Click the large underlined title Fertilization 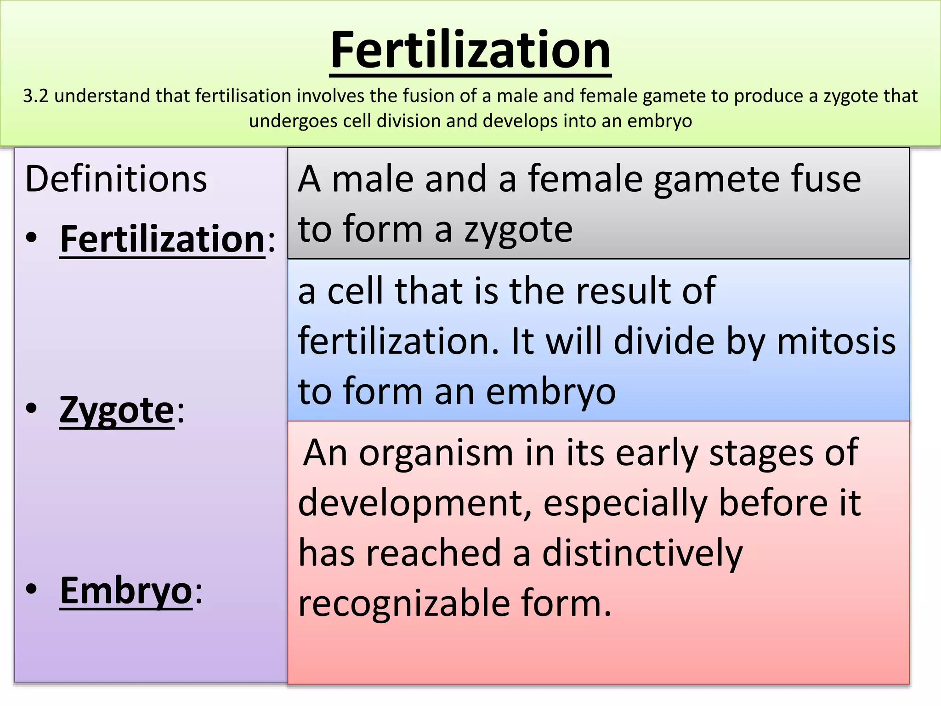coord(470,50)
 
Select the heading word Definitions coord(116,179)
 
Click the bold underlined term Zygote coord(117,410)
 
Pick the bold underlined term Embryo coord(126,591)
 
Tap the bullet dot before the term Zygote coord(31,409)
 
